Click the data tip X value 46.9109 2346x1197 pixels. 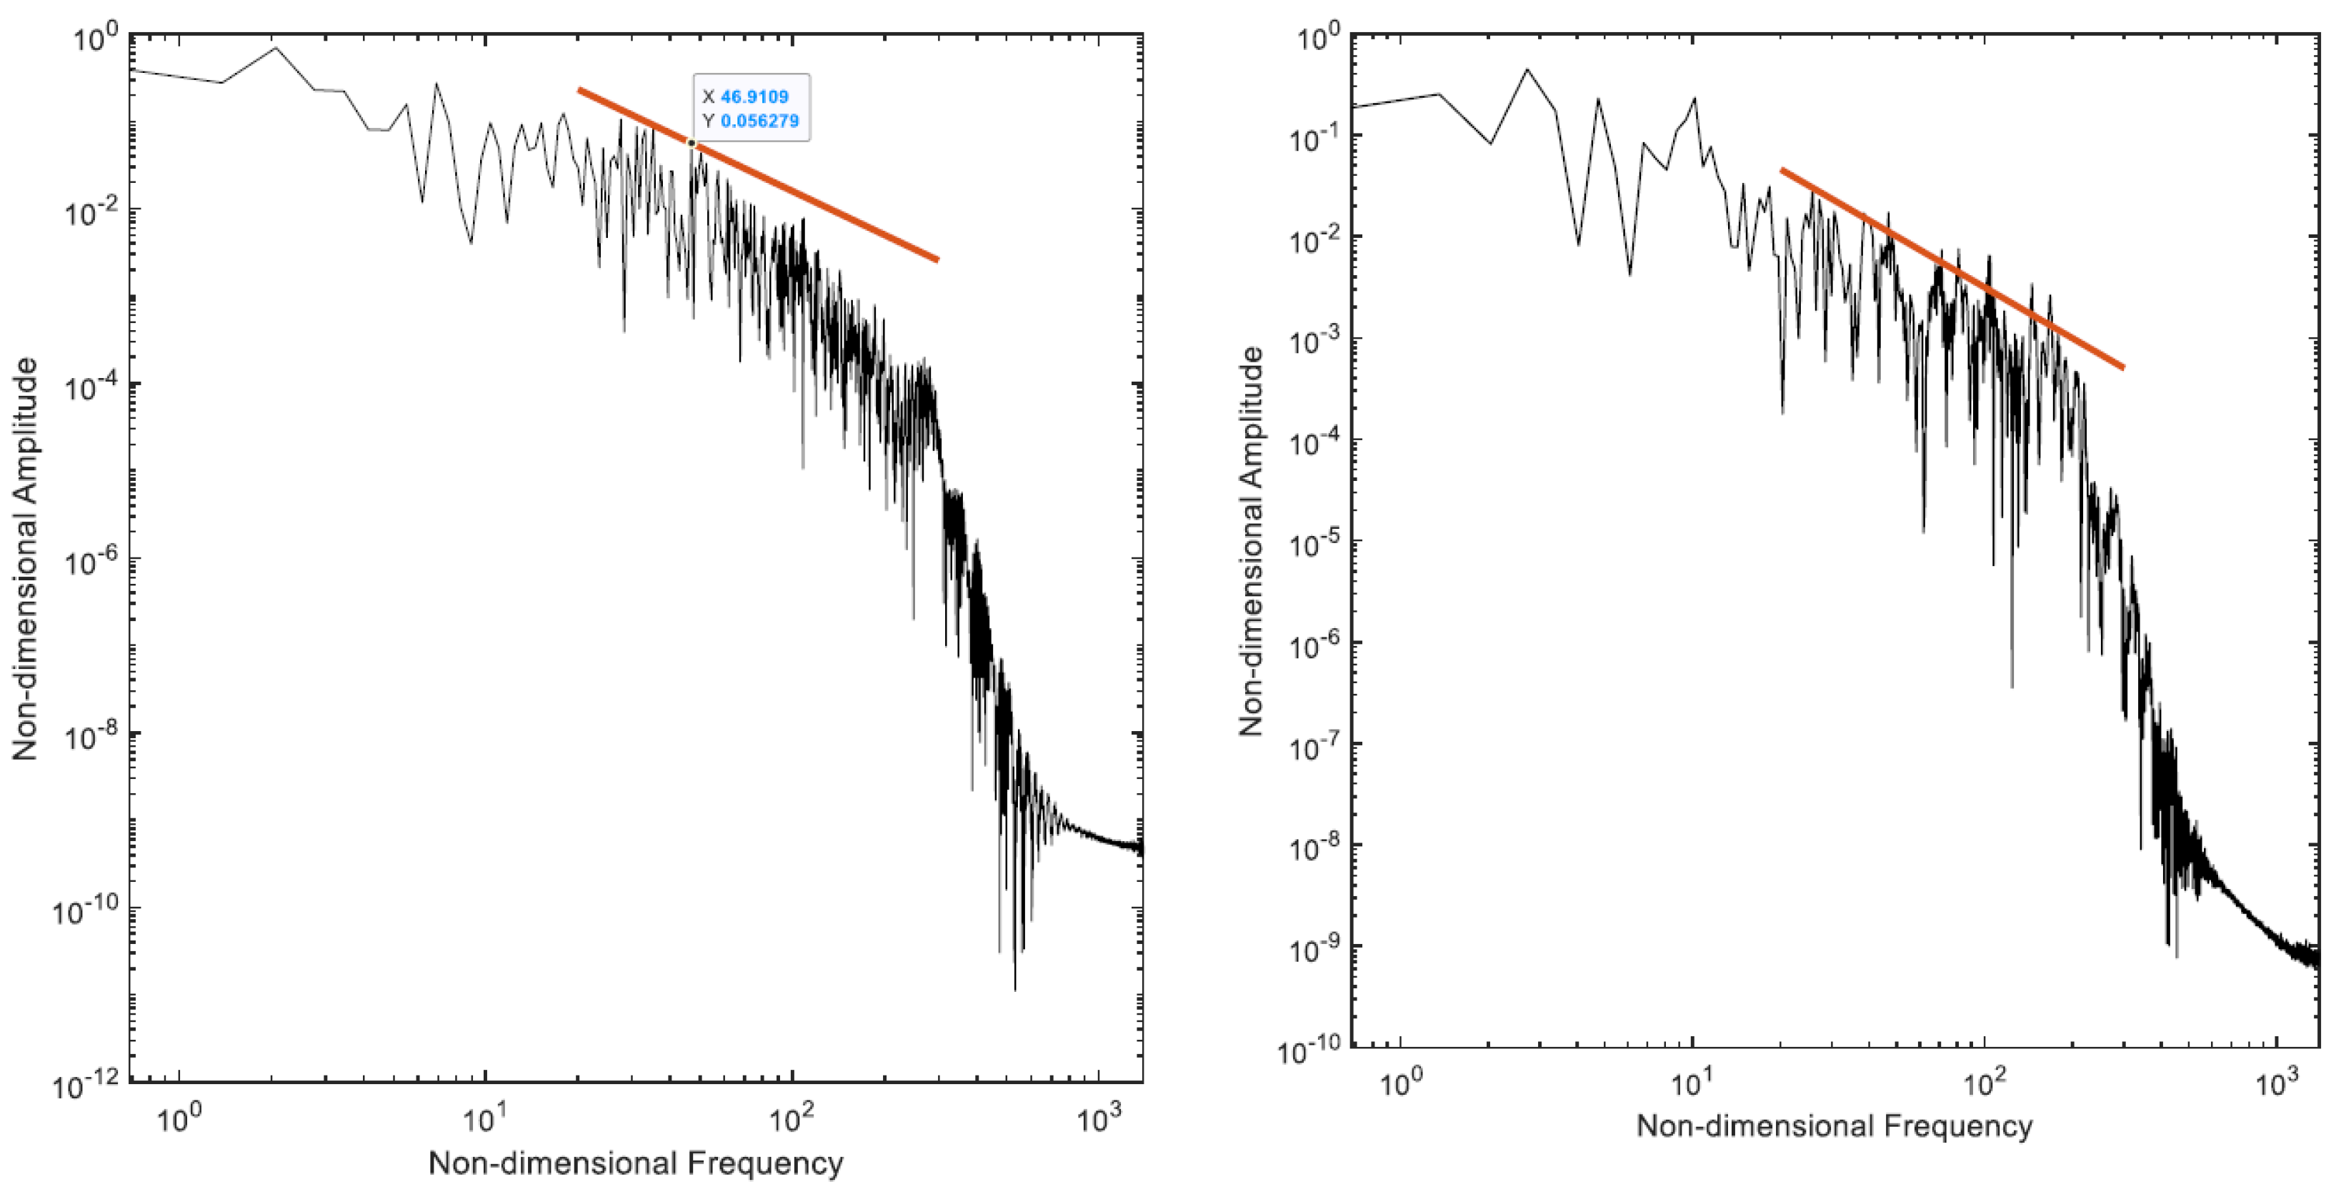(x=754, y=96)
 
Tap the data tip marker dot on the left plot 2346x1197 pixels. (x=692, y=143)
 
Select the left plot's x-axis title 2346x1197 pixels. (x=636, y=1163)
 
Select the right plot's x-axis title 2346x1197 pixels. (x=1835, y=1126)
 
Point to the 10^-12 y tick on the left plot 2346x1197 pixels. (x=91, y=1085)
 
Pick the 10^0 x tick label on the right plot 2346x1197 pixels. (x=1399, y=1084)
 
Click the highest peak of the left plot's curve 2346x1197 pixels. (x=276, y=49)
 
